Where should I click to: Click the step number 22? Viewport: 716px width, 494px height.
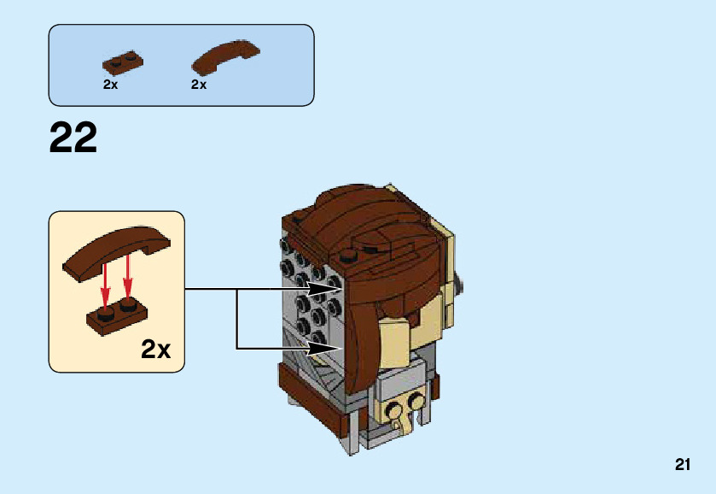pyautogui.click(x=73, y=138)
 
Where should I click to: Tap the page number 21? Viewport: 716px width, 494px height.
pyautogui.click(x=682, y=465)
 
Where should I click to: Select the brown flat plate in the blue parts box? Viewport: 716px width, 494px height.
pyautogui.click(x=123, y=62)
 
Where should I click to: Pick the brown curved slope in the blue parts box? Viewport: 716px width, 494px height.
pyautogui.click(x=225, y=56)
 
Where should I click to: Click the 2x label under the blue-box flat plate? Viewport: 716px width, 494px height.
pyautogui.click(x=110, y=85)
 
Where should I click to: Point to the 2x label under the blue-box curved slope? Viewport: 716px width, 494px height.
pyautogui.click(x=199, y=85)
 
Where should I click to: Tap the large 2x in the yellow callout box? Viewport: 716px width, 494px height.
pyautogui.click(x=156, y=349)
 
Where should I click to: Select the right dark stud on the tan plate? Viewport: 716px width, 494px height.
pyautogui.click(x=417, y=400)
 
